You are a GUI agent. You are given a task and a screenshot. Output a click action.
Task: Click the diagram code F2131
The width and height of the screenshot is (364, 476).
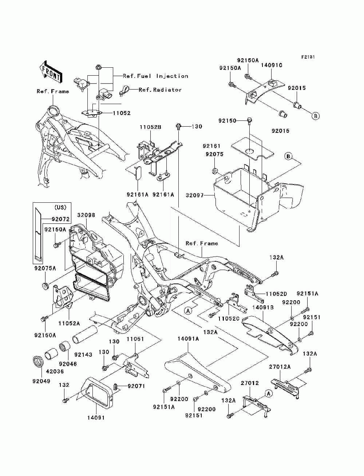[308, 57]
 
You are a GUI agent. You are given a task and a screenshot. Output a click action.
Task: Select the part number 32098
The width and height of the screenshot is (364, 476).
[86, 215]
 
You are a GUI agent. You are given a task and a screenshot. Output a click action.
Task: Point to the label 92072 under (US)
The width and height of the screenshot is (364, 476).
[60, 219]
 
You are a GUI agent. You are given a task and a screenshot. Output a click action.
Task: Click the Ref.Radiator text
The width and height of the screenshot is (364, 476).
[160, 90]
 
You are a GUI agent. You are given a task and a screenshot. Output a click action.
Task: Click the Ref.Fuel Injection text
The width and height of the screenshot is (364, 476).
[155, 76]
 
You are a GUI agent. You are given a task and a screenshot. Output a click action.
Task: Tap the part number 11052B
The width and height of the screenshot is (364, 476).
[150, 127]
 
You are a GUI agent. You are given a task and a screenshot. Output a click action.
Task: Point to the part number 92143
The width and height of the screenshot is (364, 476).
[83, 354]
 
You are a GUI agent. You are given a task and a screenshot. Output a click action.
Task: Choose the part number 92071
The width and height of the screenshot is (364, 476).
[136, 386]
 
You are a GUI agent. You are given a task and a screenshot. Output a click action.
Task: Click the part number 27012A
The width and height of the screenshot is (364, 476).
[280, 367]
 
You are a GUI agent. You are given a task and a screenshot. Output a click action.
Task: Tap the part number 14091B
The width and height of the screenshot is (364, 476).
[263, 308]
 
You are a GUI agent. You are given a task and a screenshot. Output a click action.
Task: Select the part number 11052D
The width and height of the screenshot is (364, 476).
[276, 294]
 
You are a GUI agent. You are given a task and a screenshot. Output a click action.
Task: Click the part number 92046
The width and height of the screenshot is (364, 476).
[68, 364]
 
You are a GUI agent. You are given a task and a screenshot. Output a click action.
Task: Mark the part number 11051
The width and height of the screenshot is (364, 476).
[135, 339]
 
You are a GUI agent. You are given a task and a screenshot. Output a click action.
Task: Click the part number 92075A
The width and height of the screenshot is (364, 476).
[45, 269]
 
